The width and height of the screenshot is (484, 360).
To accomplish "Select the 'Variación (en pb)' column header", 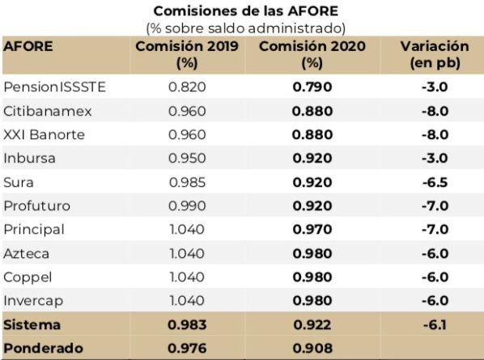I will pos(434,53).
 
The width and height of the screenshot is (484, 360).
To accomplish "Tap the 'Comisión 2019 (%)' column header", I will pos(186,53).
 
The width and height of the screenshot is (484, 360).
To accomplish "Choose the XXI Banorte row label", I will pos(44,134).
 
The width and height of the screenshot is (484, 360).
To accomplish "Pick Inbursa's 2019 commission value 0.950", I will pos(187,158).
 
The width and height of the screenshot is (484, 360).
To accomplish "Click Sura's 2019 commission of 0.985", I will pos(187,182).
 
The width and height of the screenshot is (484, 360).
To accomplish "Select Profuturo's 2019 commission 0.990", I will pos(187,205).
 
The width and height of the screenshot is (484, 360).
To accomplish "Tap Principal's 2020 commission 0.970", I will pos(312,230).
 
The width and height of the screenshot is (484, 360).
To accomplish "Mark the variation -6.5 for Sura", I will pos(435,182).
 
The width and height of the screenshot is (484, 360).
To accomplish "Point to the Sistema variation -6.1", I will pos(435,324).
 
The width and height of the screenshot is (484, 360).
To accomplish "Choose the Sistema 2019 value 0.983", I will pos(187,324).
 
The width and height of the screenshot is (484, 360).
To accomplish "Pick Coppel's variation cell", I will pos(435,277).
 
